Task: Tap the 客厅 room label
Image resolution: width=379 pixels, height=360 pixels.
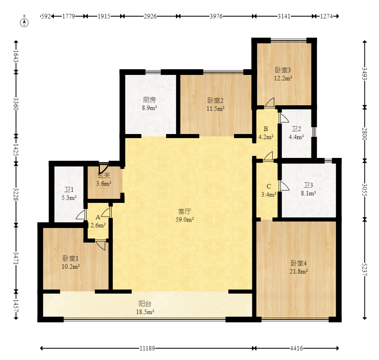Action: click(185, 211)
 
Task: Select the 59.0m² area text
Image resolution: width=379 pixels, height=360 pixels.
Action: click(185, 220)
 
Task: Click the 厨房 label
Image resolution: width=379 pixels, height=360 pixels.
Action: click(149, 100)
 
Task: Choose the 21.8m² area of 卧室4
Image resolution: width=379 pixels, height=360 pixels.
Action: click(299, 271)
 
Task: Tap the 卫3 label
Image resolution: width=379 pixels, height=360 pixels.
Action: click(309, 185)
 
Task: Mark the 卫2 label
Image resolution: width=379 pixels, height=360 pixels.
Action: click(296, 129)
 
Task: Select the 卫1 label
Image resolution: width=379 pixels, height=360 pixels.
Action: click(69, 190)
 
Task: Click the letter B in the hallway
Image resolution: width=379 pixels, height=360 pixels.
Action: click(266, 129)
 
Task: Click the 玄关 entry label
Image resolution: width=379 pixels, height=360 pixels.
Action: click(104, 175)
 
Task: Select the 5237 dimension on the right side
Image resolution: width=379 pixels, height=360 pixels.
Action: click(365, 269)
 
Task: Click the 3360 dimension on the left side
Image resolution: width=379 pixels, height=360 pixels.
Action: click(16, 104)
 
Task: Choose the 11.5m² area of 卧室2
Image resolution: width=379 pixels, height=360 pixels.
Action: click(216, 109)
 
